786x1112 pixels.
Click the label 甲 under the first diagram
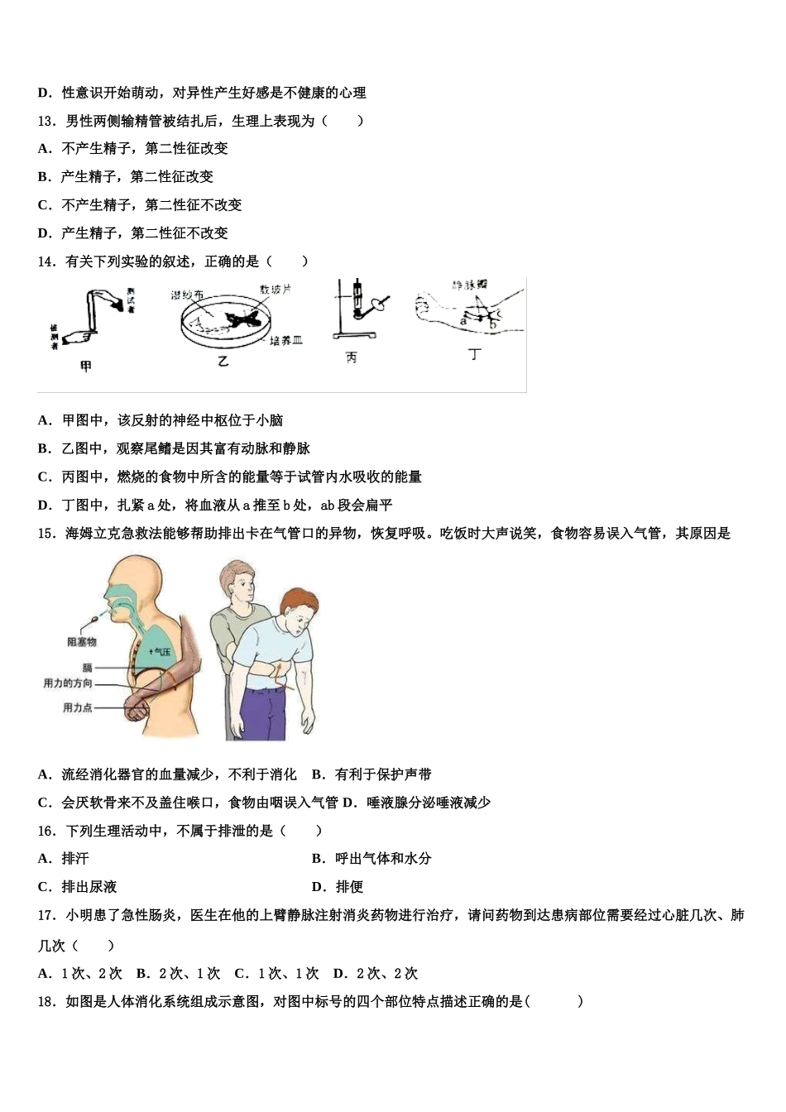point(85,367)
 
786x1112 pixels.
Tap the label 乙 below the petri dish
point(223,362)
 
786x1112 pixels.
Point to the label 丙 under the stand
point(352,358)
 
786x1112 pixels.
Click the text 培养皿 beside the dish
point(286,340)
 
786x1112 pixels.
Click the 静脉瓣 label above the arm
point(468,285)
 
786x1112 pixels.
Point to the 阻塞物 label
point(82,641)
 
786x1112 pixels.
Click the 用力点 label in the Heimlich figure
point(77,707)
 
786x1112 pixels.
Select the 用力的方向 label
point(68,683)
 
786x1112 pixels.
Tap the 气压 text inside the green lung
point(161,652)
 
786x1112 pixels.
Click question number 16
point(47,831)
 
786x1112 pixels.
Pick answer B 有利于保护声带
point(372,774)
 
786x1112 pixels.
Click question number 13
point(47,121)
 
